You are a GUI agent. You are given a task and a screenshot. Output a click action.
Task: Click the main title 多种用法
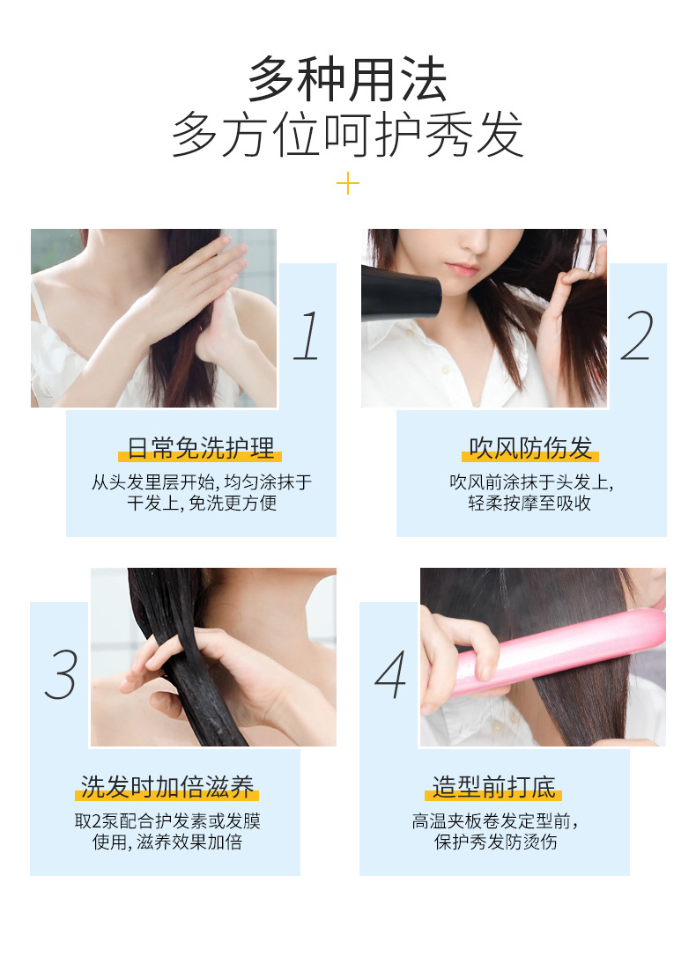pyautogui.click(x=348, y=79)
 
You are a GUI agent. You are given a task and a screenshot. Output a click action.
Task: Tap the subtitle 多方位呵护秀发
pyautogui.click(x=348, y=135)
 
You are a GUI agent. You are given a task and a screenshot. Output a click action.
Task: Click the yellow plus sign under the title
pyautogui.click(x=348, y=183)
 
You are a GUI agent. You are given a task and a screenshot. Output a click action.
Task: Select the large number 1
pyautogui.click(x=307, y=335)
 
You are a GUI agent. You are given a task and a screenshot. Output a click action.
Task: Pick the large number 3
pyautogui.click(x=61, y=673)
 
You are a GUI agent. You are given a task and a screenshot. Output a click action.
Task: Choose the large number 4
pyautogui.click(x=391, y=673)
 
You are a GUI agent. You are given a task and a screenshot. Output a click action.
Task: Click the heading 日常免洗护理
pyautogui.click(x=200, y=448)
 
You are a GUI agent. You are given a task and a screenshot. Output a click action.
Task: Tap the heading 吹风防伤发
pyautogui.click(x=530, y=448)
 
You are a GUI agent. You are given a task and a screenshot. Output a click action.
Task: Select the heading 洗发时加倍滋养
pyautogui.click(x=167, y=787)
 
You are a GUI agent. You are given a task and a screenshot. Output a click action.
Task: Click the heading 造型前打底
pyautogui.click(x=494, y=787)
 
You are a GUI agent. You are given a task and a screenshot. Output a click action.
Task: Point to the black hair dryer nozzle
pyautogui.click(x=401, y=292)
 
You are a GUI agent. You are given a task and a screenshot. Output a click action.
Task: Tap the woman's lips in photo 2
pyautogui.click(x=462, y=268)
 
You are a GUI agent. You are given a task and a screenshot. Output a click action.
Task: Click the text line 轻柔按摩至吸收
pyautogui.click(x=529, y=503)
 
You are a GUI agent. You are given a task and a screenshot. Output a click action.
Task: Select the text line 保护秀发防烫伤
pyautogui.click(x=495, y=842)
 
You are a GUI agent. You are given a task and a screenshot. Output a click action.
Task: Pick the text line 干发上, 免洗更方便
pyautogui.click(x=202, y=503)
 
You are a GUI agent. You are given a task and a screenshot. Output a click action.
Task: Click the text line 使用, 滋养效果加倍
pyautogui.click(x=167, y=842)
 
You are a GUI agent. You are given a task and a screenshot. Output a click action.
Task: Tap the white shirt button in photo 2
pyautogui.click(x=446, y=370)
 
